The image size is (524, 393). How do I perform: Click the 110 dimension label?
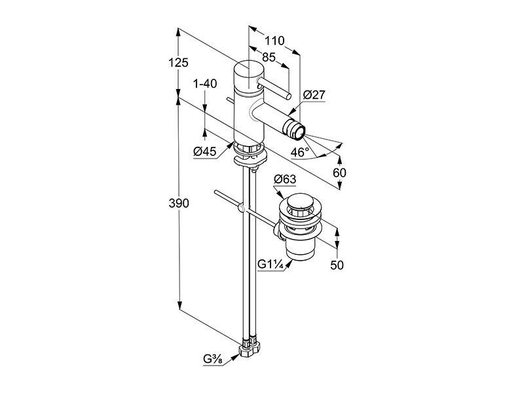tap(274, 41)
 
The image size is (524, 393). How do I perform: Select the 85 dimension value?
tap(269, 57)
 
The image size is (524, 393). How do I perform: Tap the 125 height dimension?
tap(178, 62)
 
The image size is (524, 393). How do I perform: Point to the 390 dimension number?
tap(179, 203)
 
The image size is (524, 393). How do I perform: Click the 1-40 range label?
tap(205, 84)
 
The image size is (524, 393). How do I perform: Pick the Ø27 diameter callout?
tap(314, 95)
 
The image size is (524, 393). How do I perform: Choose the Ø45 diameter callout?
tap(205, 152)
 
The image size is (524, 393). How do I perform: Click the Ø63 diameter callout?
tap(285, 179)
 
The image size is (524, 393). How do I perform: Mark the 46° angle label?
tap(300, 153)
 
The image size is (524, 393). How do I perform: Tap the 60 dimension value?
tap(339, 173)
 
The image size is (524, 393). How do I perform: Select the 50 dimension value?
tap(337, 265)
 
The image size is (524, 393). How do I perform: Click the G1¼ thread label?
tap(271, 265)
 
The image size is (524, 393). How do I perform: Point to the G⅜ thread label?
tap(214, 360)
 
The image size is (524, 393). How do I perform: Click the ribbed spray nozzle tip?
tap(294, 130)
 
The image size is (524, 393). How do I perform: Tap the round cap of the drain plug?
tap(301, 202)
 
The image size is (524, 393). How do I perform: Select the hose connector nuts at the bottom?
tap(250, 348)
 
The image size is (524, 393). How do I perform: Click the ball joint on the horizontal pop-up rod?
tap(241, 209)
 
